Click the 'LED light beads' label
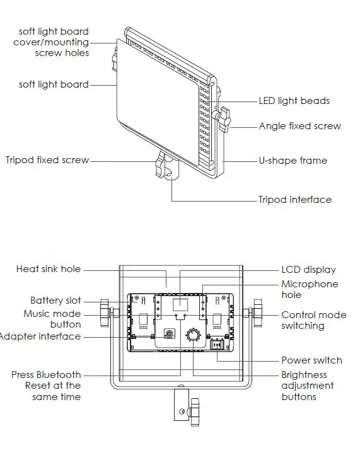click(x=294, y=101)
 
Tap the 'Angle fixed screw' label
click(x=299, y=126)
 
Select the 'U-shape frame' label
click(x=293, y=161)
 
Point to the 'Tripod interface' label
click(x=294, y=200)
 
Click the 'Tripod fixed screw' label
click(x=47, y=160)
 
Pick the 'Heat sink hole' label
click(x=49, y=269)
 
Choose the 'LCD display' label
click(x=308, y=270)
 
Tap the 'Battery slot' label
click(x=55, y=301)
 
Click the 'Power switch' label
click(x=311, y=360)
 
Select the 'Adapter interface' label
click(x=40, y=336)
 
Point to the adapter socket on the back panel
click(x=169, y=335)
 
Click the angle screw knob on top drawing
click(x=223, y=119)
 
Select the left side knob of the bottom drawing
click(x=105, y=313)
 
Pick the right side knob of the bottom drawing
click(x=256, y=313)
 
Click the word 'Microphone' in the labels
click(x=310, y=284)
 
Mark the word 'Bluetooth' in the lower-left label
click(x=59, y=374)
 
